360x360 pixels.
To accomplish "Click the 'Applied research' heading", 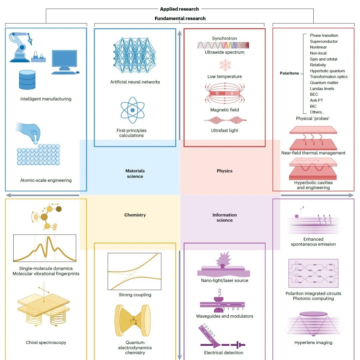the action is point(179,9).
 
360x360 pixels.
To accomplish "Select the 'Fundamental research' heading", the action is point(180,18).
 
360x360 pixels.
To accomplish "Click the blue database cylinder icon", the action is point(27,80).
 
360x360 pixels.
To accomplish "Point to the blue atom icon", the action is point(132,110).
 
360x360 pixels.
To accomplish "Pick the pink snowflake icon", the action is point(225,65).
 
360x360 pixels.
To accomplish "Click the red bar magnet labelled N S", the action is point(225,93).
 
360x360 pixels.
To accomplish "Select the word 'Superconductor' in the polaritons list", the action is point(324,41).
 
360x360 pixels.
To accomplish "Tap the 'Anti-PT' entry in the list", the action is point(316,100).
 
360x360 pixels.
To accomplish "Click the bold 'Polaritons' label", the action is point(289,73).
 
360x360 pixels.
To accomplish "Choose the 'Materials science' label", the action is point(135,173).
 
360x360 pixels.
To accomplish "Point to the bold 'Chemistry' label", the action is point(135,215).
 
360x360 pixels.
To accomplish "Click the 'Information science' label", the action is point(225,217).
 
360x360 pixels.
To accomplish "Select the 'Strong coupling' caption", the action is point(135,295).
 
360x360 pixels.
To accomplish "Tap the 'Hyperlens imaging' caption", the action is point(313,343).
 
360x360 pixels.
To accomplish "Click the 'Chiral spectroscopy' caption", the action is point(46,343).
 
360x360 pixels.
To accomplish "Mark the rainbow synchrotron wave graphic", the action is point(223,45).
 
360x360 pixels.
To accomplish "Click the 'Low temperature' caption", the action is point(225,76).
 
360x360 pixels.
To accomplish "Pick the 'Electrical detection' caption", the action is point(224,353).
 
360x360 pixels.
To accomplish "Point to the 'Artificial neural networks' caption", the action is point(135,82).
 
